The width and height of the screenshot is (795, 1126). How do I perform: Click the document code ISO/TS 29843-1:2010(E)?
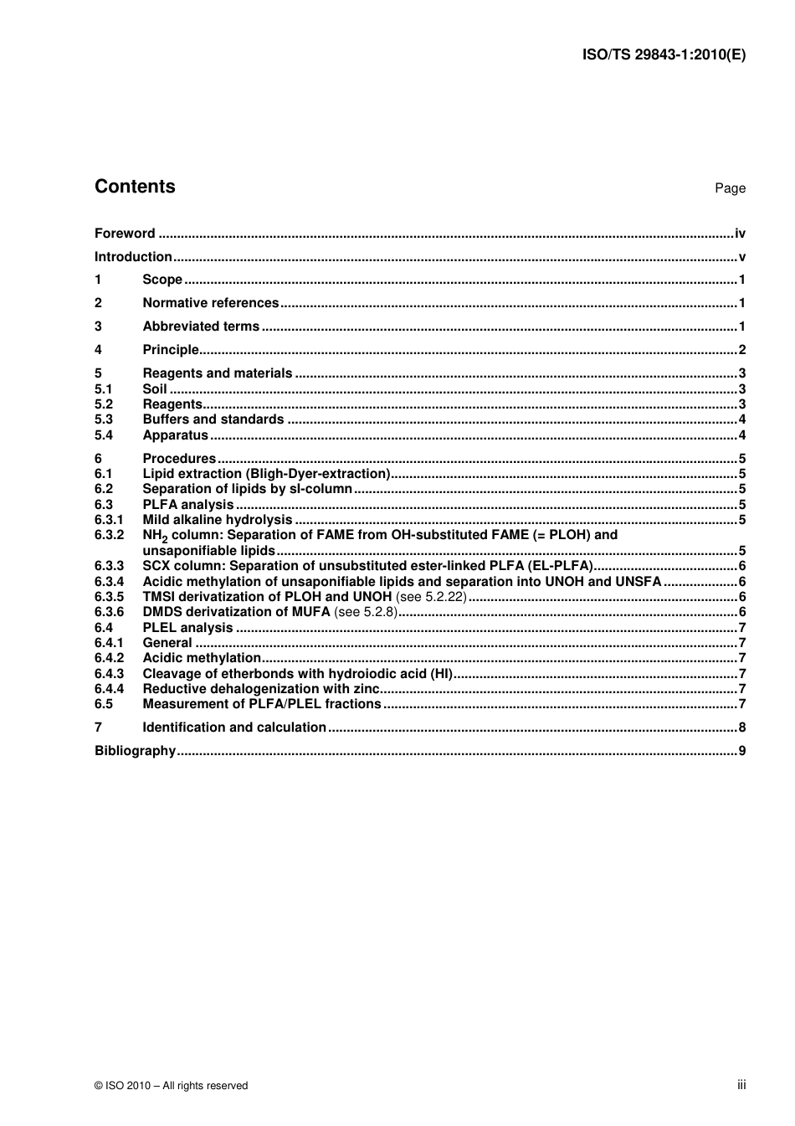pyautogui.click(x=663, y=55)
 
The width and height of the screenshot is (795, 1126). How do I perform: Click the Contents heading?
pyautogui.click(x=135, y=187)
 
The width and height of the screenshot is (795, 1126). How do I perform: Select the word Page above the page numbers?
pyautogui.click(x=730, y=188)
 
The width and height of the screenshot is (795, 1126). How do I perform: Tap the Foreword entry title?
pyautogui.click(x=125, y=234)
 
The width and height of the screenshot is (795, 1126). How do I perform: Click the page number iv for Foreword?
pyautogui.click(x=740, y=234)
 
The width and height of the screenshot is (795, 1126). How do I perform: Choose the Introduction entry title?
pyautogui.click(x=133, y=257)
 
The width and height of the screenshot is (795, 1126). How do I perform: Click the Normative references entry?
pyautogui.click(x=210, y=303)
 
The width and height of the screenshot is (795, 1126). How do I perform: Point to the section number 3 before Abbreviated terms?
pyautogui.click(x=98, y=326)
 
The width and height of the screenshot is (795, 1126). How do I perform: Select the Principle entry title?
pyautogui.click(x=171, y=350)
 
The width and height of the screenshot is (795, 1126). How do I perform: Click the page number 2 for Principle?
pyautogui.click(x=741, y=350)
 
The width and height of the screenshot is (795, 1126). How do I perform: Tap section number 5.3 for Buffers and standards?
pyautogui.click(x=104, y=419)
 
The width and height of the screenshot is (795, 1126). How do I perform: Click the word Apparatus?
pyautogui.click(x=175, y=435)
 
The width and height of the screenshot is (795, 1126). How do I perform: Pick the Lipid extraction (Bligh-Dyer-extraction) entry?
pyautogui.click(x=266, y=474)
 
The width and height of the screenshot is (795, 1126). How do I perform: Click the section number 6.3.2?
pyautogui.click(x=109, y=535)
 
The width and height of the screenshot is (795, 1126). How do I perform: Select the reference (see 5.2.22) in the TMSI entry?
pyautogui.click(x=430, y=597)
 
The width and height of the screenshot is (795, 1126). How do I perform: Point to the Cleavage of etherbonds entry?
pyautogui.click(x=297, y=674)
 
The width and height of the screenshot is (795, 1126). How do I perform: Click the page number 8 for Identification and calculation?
pyautogui.click(x=741, y=728)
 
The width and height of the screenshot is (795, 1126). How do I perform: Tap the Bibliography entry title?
pyautogui.click(x=135, y=751)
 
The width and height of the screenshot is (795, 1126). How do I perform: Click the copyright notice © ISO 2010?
pyautogui.click(x=171, y=1086)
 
